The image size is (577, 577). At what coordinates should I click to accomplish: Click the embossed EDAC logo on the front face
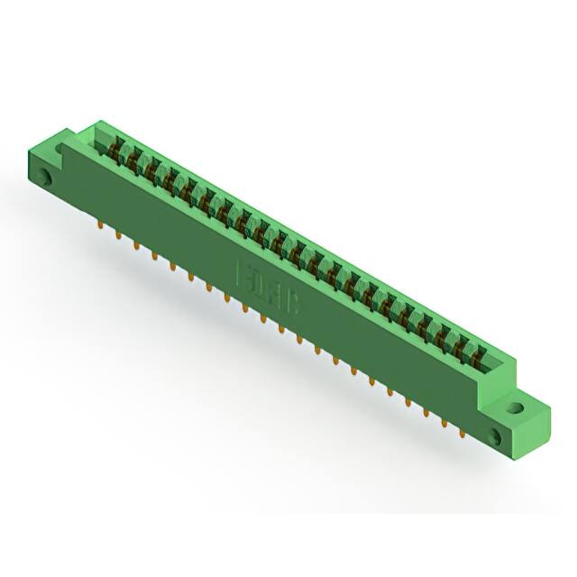point(270,288)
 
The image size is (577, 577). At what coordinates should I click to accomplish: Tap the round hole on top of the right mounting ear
point(515,407)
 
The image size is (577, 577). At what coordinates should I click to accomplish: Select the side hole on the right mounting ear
point(494,437)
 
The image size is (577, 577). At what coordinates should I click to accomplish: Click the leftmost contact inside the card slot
point(116,144)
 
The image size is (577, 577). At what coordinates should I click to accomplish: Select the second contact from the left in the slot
point(135,155)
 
